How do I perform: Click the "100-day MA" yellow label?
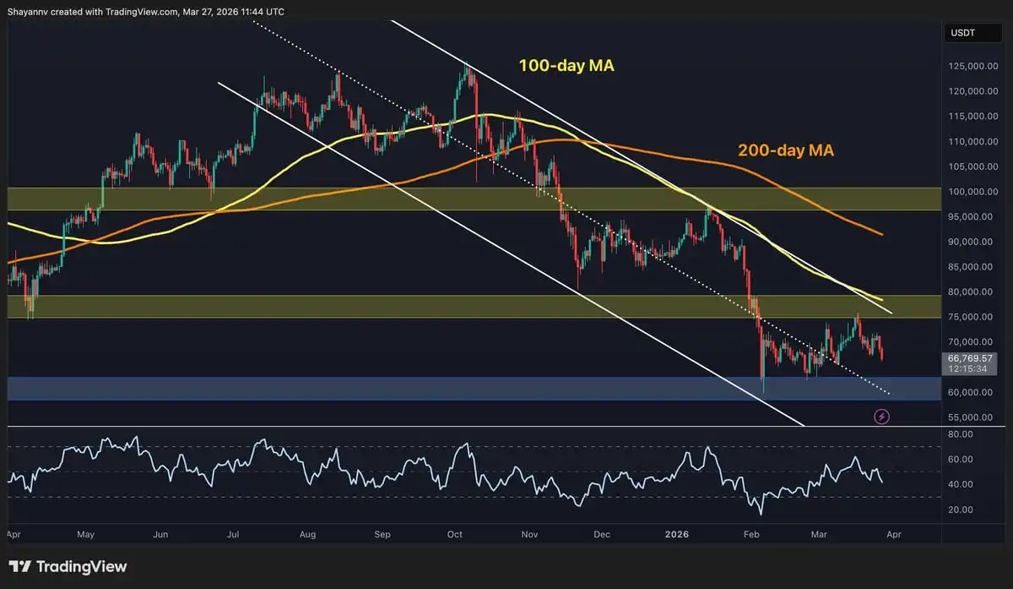566,64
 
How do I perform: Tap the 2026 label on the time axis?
676,534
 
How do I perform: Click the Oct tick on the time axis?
456,534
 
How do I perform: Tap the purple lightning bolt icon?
882,417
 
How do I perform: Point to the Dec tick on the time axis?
602,534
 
